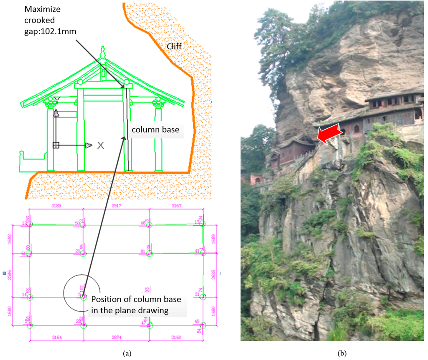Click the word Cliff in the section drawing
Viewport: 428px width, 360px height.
(174, 46)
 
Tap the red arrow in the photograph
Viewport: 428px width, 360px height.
(329, 135)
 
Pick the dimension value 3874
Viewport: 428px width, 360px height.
(116, 337)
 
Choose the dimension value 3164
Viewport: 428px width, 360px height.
(56, 337)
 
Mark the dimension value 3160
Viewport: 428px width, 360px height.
(176, 337)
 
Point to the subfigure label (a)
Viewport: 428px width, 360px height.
(127, 353)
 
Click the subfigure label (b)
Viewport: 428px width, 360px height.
(342, 353)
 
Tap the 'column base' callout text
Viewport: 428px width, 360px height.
(155, 130)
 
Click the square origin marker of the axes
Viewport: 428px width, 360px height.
(56, 145)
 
